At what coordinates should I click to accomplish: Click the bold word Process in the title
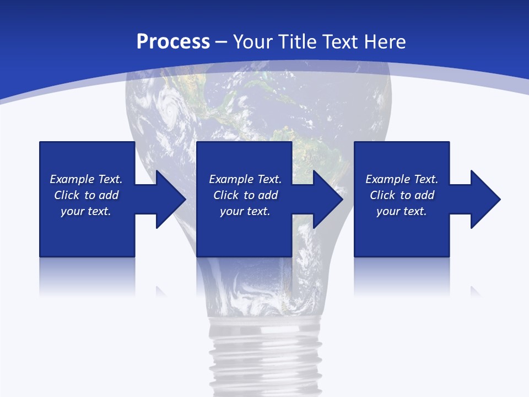pyautogui.click(x=173, y=42)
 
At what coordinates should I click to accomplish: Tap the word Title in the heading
pyautogui.click(x=298, y=42)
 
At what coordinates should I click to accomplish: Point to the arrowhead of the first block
pyautogui.click(x=170, y=199)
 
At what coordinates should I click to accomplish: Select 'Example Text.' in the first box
pyautogui.click(x=86, y=179)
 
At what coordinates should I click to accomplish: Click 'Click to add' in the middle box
pyautogui.click(x=245, y=195)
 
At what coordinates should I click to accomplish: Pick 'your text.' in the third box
pyautogui.click(x=401, y=211)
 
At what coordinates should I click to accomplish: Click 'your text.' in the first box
pyautogui.click(x=86, y=211)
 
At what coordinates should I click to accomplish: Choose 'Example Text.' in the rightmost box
pyautogui.click(x=402, y=179)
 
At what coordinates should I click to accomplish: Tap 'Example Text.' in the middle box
pyautogui.click(x=245, y=179)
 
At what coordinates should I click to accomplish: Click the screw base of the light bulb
pyautogui.click(x=264, y=353)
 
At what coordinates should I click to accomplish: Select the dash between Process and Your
pyautogui.click(x=222, y=42)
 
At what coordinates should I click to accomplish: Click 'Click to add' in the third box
pyautogui.click(x=402, y=195)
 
